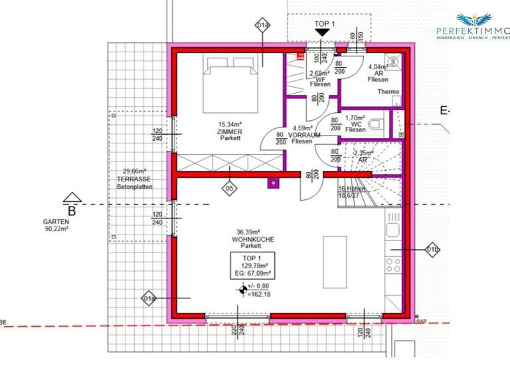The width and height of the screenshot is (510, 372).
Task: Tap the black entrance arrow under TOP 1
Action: tap(322, 32)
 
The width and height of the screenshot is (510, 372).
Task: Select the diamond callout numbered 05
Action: tap(229, 189)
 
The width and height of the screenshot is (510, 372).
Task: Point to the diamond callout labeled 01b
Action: tap(432, 250)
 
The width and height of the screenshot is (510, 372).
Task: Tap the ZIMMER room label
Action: tap(229, 132)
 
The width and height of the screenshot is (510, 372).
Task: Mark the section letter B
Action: tap(72, 211)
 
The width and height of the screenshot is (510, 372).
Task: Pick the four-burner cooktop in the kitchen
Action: tap(394, 265)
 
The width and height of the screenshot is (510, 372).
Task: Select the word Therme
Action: tap(388, 92)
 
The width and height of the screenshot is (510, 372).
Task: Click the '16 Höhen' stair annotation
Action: tap(353, 189)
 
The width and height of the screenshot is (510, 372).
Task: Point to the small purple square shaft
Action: tap(272, 183)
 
